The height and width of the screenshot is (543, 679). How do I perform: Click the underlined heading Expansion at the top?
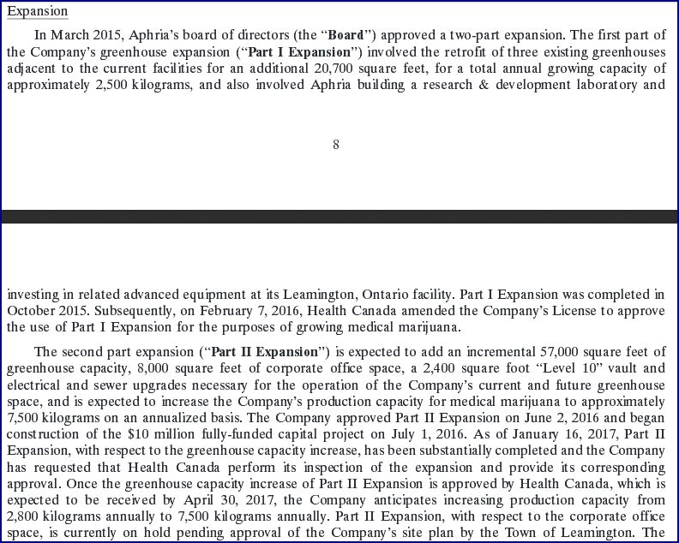click(37, 12)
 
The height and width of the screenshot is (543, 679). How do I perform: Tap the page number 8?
click(335, 145)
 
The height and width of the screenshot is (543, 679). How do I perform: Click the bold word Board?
click(346, 35)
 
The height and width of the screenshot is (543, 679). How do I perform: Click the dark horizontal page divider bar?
click(339, 217)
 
